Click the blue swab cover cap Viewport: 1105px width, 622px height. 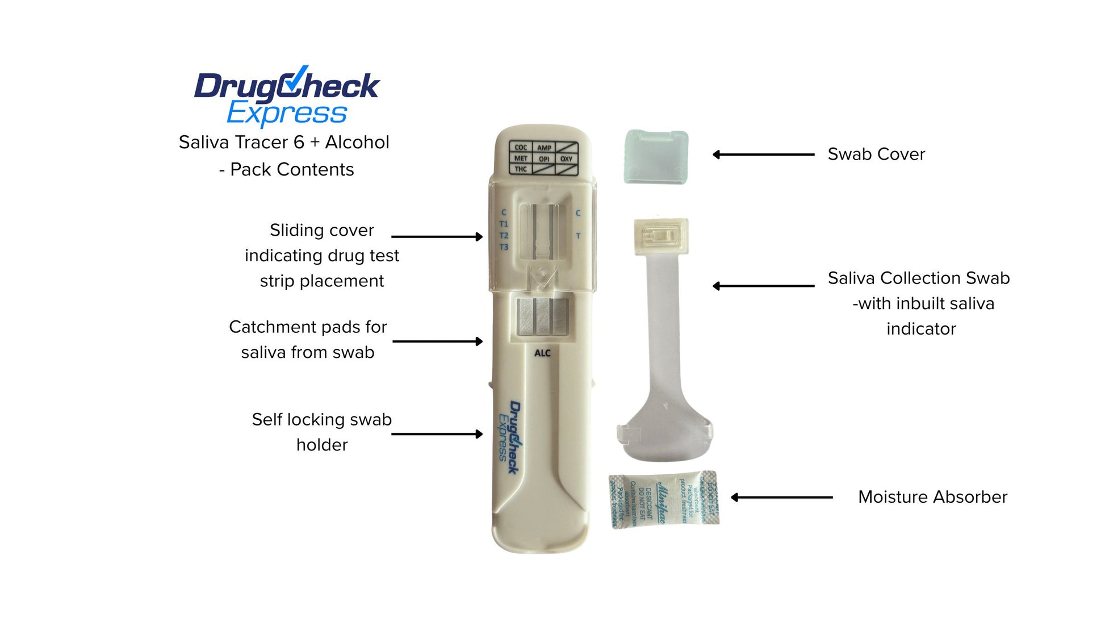[x=656, y=157]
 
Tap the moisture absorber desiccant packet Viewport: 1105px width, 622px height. [x=664, y=499]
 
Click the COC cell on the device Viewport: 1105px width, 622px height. [x=521, y=147]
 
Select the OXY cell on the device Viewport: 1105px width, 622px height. [x=566, y=158]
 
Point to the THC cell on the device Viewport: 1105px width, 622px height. [x=521, y=169]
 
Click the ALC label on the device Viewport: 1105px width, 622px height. [x=542, y=353]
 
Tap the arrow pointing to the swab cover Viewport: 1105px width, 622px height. [x=763, y=154]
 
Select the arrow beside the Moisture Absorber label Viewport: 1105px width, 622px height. [x=781, y=498]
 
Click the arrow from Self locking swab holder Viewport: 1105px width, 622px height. [x=437, y=434]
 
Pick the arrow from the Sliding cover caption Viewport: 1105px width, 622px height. [x=437, y=236]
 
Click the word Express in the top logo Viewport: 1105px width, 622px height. [x=287, y=113]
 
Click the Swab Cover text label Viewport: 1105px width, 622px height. [x=876, y=154]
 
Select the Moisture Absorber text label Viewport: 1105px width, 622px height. [x=932, y=497]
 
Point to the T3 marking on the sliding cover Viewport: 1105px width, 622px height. [x=504, y=247]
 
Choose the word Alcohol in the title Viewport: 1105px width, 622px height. [x=357, y=142]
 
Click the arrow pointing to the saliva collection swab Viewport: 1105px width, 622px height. [x=763, y=286]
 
